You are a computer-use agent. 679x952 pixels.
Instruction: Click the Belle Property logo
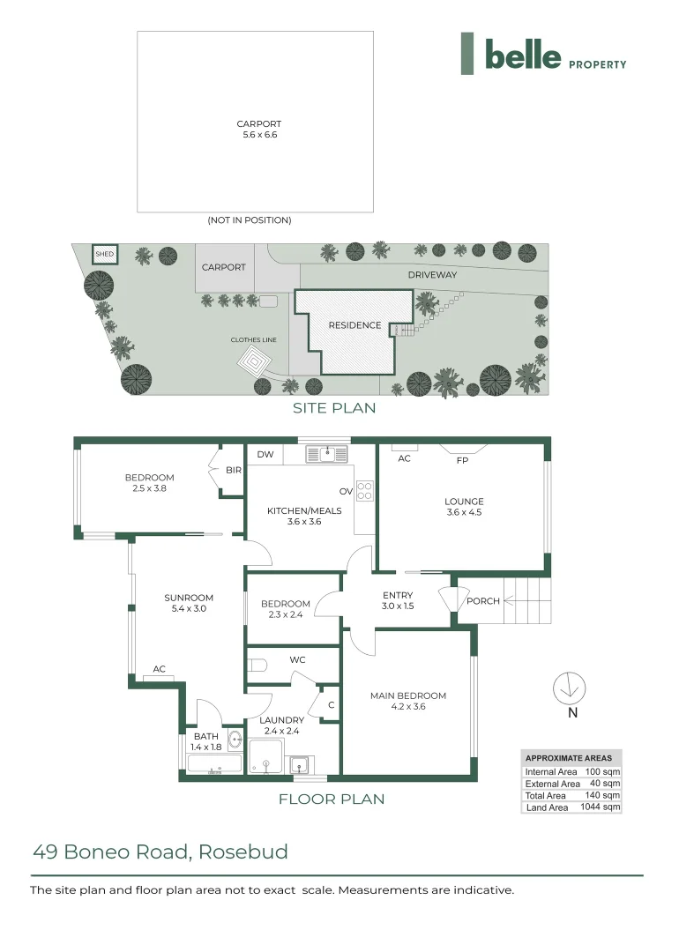[x=543, y=55]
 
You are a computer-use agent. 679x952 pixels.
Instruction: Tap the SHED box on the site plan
[x=105, y=255]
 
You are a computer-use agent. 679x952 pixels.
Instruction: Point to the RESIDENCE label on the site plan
[x=354, y=325]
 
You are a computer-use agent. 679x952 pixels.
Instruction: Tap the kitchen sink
[x=328, y=454]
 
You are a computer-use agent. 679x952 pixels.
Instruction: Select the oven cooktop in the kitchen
[x=365, y=490]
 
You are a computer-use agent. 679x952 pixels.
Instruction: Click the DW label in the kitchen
[x=265, y=455]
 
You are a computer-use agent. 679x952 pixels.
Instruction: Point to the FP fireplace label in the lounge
[x=461, y=461]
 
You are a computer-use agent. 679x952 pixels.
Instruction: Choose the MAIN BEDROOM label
[x=407, y=695]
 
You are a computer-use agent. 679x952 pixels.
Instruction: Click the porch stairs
[x=526, y=601]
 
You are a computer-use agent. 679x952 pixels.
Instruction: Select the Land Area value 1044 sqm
[x=600, y=807]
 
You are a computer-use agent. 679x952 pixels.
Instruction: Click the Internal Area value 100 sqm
[x=603, y=771]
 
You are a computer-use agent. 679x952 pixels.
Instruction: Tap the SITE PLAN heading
[x=334, y=408]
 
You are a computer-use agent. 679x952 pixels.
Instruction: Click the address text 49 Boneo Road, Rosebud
[x=160, y=852]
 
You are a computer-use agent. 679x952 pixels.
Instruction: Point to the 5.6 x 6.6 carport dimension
[x=259, y=135]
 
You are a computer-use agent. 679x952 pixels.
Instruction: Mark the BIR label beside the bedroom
[x=233, y=471]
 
